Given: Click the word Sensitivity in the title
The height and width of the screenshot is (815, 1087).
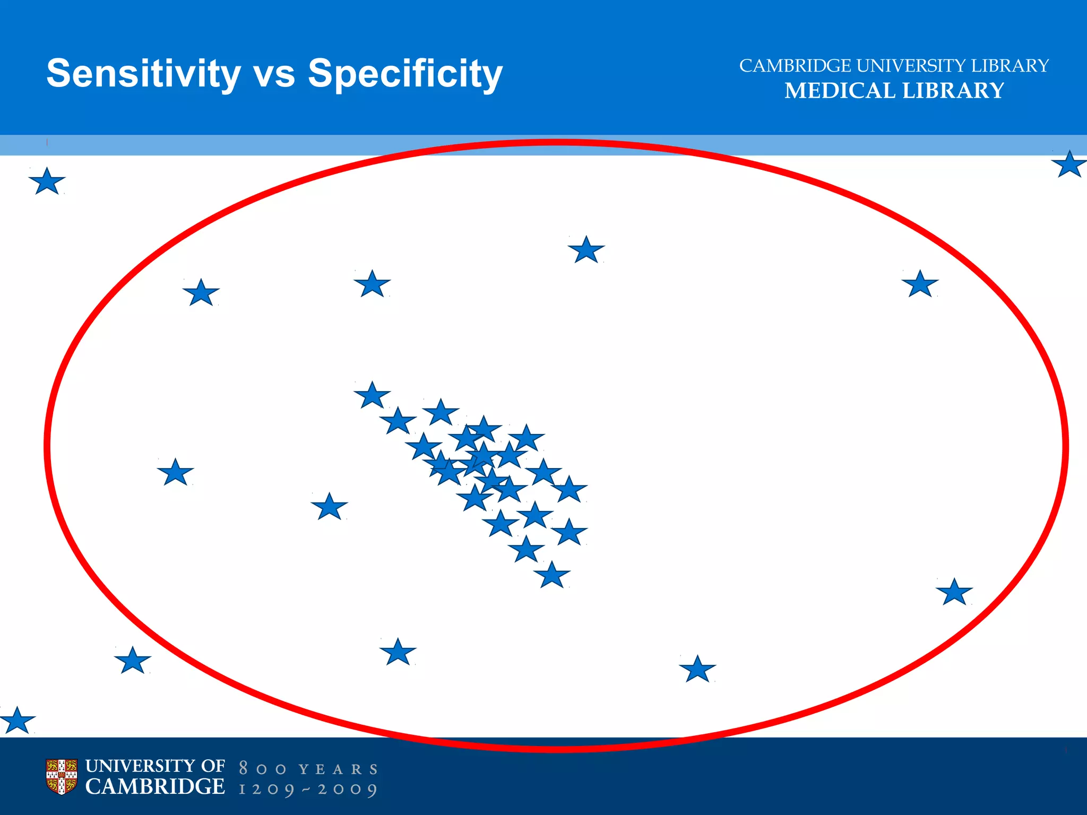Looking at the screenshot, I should pyautogui.click(x=143, y=73).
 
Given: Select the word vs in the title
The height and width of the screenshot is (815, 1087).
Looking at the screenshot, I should pyautogui.click(x=274, y=74).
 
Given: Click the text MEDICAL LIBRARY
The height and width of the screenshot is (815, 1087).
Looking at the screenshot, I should pyautogui.click(x=894, y=91).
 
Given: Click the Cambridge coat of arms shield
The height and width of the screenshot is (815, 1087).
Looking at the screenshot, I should pyautogui.click(x=62, y=777).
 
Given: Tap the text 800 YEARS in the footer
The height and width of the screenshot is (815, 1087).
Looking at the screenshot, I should pyautogui.click(x=308, y=769).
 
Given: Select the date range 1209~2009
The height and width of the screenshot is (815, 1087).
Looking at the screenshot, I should pyautogui.click(x=308, y=789).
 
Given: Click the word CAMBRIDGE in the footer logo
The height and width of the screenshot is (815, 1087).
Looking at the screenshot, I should pyautogui.click(x=155, y=787).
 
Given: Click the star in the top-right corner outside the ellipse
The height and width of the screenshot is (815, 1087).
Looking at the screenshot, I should pyautogui.click(x=1068, y=165).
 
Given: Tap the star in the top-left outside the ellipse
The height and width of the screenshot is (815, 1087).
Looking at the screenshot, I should pyautogui.click(x=47, y=182).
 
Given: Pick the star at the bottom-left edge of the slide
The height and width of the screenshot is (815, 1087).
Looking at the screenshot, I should pyautogui.click(x=17, y=721).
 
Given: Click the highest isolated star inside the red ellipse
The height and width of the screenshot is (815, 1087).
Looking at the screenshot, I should pyautogui.click(x=586, y=250).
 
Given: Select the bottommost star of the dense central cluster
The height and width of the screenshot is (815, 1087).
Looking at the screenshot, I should pyautogui.click(x=551, y=576).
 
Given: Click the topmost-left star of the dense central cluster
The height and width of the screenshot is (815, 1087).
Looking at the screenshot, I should pyautogui.click(x=372, y=396).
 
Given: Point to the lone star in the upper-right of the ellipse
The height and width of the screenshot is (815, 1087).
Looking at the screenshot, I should pyautogui.click(x=920, y=284).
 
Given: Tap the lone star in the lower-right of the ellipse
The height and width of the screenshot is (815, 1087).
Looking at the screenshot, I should pyautogui.click(x=954, y=593).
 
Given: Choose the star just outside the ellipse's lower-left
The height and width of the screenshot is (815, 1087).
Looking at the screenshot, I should pyautogui.click(x=133, y=661).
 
